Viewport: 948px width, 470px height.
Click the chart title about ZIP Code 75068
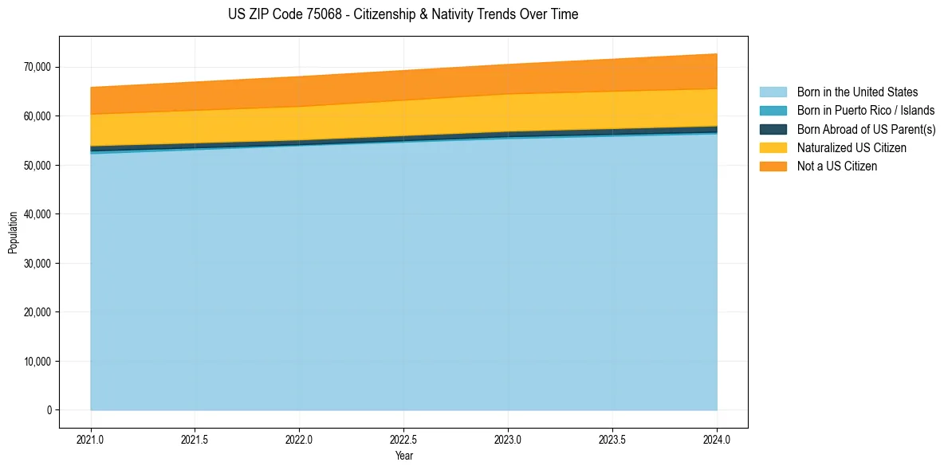pos(403,14)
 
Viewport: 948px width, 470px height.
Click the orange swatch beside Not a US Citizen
pos(773,166)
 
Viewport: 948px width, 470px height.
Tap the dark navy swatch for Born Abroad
pos(773,129)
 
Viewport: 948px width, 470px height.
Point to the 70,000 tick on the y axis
pos(37,67)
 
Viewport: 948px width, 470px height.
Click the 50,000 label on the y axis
pos(37,165)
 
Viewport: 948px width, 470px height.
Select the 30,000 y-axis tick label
pos(37,263)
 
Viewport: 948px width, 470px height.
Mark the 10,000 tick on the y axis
pos(37,361)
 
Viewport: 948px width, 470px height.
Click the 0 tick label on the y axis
pos(48,410)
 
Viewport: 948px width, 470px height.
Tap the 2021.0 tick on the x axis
pos(91,439)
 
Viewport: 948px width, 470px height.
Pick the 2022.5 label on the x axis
pos(403,439)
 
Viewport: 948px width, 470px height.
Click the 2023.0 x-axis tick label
pos(508,439)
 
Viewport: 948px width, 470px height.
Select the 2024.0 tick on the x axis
pos(717,439)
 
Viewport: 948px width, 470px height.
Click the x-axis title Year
pos(403,456)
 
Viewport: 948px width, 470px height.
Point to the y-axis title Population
pos(13,233)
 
